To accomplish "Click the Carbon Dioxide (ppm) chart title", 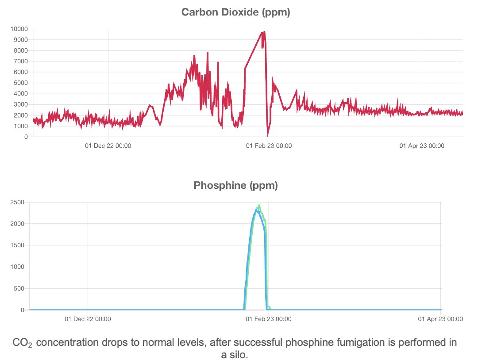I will [235, 12].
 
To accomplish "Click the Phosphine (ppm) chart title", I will [235, 186].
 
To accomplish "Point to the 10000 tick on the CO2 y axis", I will [19, 29].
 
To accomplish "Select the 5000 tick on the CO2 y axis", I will [20, 83].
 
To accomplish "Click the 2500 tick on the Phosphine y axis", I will [16, 203].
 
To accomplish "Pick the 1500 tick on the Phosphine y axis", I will [16, 245].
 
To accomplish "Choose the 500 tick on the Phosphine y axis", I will [18, 288].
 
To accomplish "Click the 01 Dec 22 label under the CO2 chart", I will [108, 145].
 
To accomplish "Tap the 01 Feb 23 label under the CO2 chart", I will [268, 145].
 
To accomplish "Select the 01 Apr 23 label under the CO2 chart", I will [422, 145].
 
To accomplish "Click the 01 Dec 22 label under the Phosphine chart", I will [87, 318].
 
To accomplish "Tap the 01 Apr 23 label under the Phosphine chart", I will [441, 318].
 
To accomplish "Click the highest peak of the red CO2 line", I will [264, 32].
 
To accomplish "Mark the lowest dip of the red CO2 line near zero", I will [268, 135].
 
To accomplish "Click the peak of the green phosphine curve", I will [259, 205].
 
